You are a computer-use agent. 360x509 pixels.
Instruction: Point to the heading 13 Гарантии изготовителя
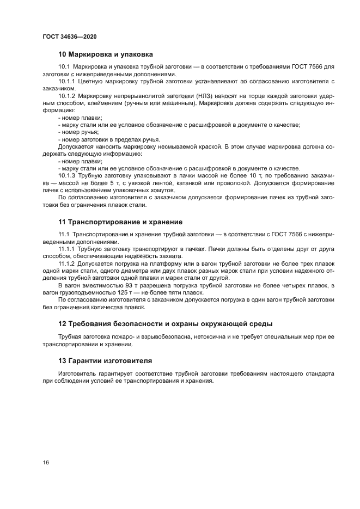[x=105, y=360]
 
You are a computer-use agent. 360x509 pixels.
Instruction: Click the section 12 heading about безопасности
[x=165, y=324]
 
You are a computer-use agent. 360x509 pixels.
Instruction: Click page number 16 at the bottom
[x=46, y=462]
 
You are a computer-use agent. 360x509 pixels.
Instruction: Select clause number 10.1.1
[x=67, y=81]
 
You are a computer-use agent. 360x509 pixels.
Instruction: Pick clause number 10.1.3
[x=67, y=177]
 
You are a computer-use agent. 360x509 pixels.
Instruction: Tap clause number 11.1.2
[x=67, y=263]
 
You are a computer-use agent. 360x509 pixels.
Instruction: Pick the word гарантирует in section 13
[x=116, y=374]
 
